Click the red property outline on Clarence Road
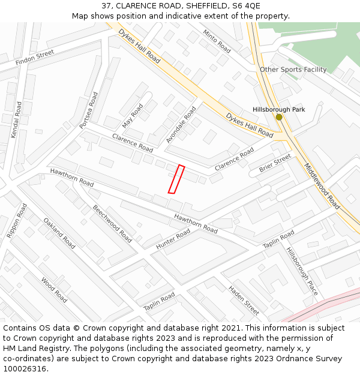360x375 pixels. tap(176, 179)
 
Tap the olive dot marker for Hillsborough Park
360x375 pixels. tap(279, 117)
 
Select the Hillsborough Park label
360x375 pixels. tap(278, 109)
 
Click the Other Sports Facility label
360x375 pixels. tap(293, 70)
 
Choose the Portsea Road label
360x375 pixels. tap(88, 110)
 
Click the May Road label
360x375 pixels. tap(133, 115)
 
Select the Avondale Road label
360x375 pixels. tap(181, 124)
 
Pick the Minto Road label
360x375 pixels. tap(217, 41)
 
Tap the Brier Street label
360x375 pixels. tap(275, 163)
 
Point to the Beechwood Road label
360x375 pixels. tap(112, 223)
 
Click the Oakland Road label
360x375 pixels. tap(59, 233)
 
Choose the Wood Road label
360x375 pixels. tap(54, 289)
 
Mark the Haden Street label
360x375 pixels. tap(244, 300)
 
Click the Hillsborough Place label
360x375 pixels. tap(302, 271)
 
